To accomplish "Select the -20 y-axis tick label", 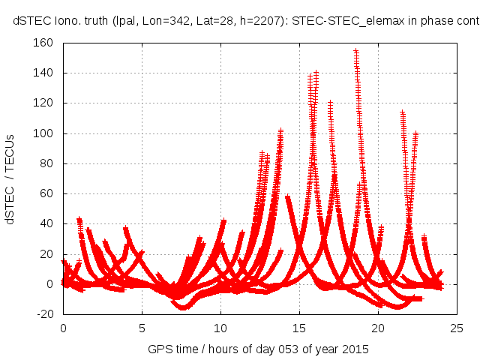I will [45, 314].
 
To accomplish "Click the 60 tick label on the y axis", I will [46, 193].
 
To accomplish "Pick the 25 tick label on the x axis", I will [457, 328].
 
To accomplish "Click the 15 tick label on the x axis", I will [299, 328].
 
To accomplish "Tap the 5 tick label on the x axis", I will [142, 328].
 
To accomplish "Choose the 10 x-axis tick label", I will [220, 328].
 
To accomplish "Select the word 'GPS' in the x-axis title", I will [159, 349].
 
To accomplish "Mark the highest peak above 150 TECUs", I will [355, 51].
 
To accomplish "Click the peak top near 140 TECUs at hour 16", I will [316, 73].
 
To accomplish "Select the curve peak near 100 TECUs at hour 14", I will [280, 131].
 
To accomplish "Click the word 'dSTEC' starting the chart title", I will [31, 20].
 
